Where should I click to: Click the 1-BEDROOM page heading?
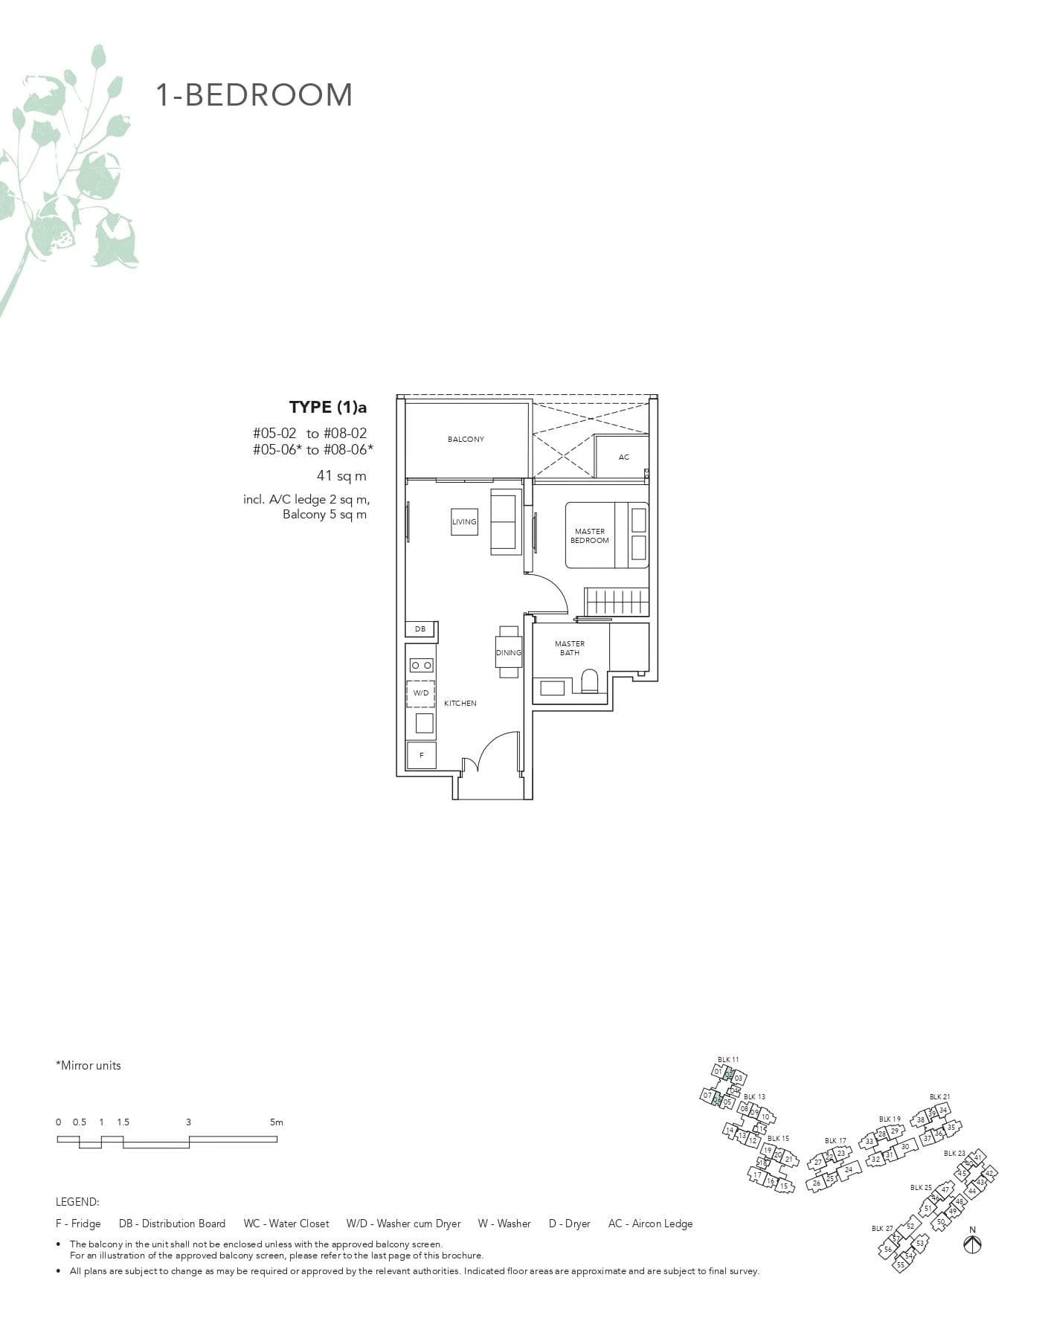(x=254, y=95)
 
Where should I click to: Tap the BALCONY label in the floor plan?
(x=466, y=440)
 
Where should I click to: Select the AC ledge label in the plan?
(x=623, y=457)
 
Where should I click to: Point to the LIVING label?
(x=464, y=521)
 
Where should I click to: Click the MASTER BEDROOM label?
(x=590, y=536)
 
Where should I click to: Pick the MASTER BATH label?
(x=570, y=648)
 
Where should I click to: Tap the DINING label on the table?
(x=509, y=652)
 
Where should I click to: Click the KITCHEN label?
(x=460, y=703)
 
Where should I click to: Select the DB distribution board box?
(x=420, y=629)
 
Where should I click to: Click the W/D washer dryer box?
(x=421, y=693)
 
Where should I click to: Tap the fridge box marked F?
(x=421, y=755)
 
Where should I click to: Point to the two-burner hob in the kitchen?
(x=421, y=665)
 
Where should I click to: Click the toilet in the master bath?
(x=590, y=681)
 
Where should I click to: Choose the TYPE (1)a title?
(x=328, y=407)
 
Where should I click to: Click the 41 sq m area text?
(x=341, y=476)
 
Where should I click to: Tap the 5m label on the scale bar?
(x=276, y=1122)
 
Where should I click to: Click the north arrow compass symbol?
(x=972, y=1244)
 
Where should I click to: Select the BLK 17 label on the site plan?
(x=835, y=1141)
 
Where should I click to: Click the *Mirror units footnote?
(x=88, y=1066)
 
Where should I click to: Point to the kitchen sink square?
(x=424, y=722)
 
